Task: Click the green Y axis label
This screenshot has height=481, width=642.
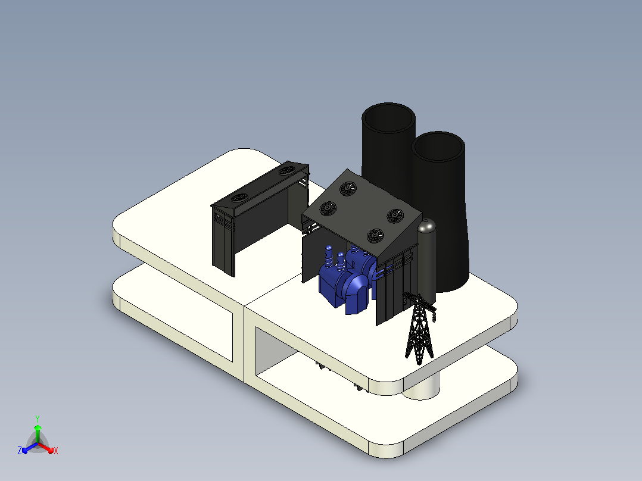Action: click(38, 419)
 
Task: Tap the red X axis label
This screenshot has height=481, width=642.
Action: click(56, 451)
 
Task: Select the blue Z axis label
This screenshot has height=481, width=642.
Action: click(20, 450)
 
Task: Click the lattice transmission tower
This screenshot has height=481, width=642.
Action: click(419, 327)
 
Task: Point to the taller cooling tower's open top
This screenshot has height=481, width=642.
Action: click(388, 118)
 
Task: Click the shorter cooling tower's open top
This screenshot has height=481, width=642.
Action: click(438, 146)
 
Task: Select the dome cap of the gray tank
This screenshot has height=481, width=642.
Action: click(426, 225)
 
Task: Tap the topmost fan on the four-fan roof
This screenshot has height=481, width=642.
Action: click(348, 188)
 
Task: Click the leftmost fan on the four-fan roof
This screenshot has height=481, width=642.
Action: click(328, 209)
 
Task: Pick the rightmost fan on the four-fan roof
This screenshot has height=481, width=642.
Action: click(395, 215)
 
